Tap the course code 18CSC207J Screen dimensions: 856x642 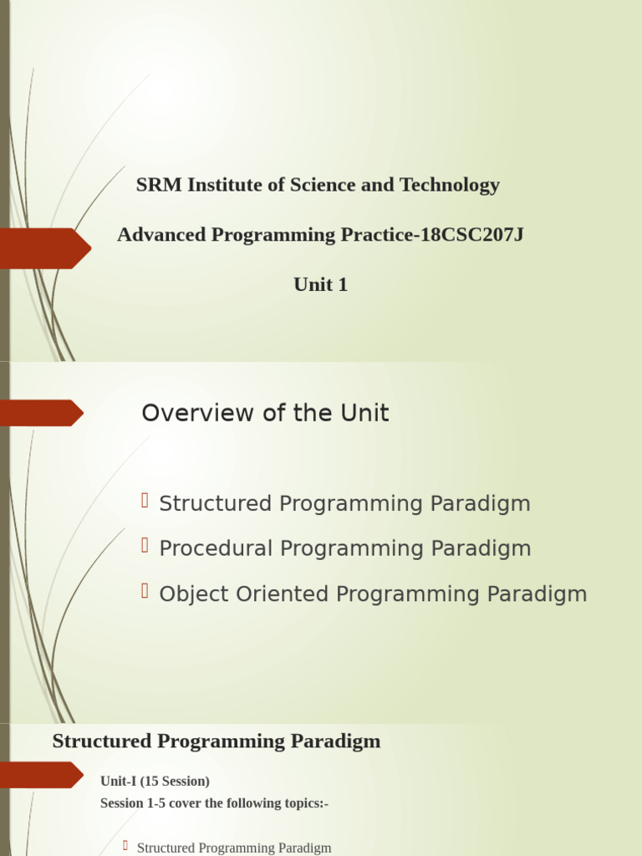point(471,235)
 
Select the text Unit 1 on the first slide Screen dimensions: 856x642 point(320,285)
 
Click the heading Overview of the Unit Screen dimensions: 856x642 point(265,413)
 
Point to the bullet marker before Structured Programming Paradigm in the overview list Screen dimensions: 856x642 point(145,502)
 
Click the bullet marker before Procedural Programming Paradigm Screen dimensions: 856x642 point(145,547)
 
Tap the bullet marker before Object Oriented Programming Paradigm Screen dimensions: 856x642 point(145,592)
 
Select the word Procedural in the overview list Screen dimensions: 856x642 point(216,549)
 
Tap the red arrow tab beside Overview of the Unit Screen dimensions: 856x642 point(40,413)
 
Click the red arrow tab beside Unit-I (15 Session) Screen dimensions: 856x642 point(40,775)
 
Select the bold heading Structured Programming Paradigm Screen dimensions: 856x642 point(216,741)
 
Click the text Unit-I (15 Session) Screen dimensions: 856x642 point(155,782)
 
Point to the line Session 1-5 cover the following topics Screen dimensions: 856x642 point(214,803)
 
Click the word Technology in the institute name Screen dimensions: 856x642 point(450,186)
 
